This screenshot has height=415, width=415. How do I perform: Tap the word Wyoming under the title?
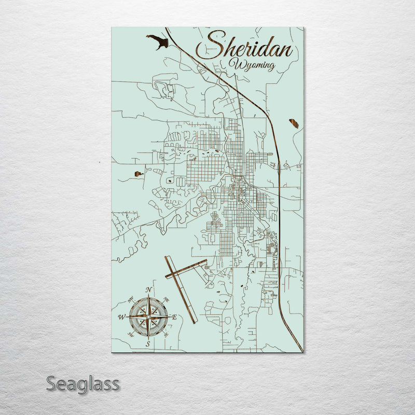[x=254, y=66]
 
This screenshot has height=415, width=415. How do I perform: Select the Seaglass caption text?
[x=82, y=384]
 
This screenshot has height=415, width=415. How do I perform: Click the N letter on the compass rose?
[x=149, y=289]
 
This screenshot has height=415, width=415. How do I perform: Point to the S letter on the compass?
[x=148, y=343]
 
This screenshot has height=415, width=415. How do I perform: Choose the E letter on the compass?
[x=175, y=316]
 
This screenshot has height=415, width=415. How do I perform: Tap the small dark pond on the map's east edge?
[x=294, y=123]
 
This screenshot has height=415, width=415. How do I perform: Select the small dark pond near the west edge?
[x=138, y=174]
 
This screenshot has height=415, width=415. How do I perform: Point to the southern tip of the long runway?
[x=194, y=322]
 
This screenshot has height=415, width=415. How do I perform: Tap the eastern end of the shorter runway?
[x=205, y=261]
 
